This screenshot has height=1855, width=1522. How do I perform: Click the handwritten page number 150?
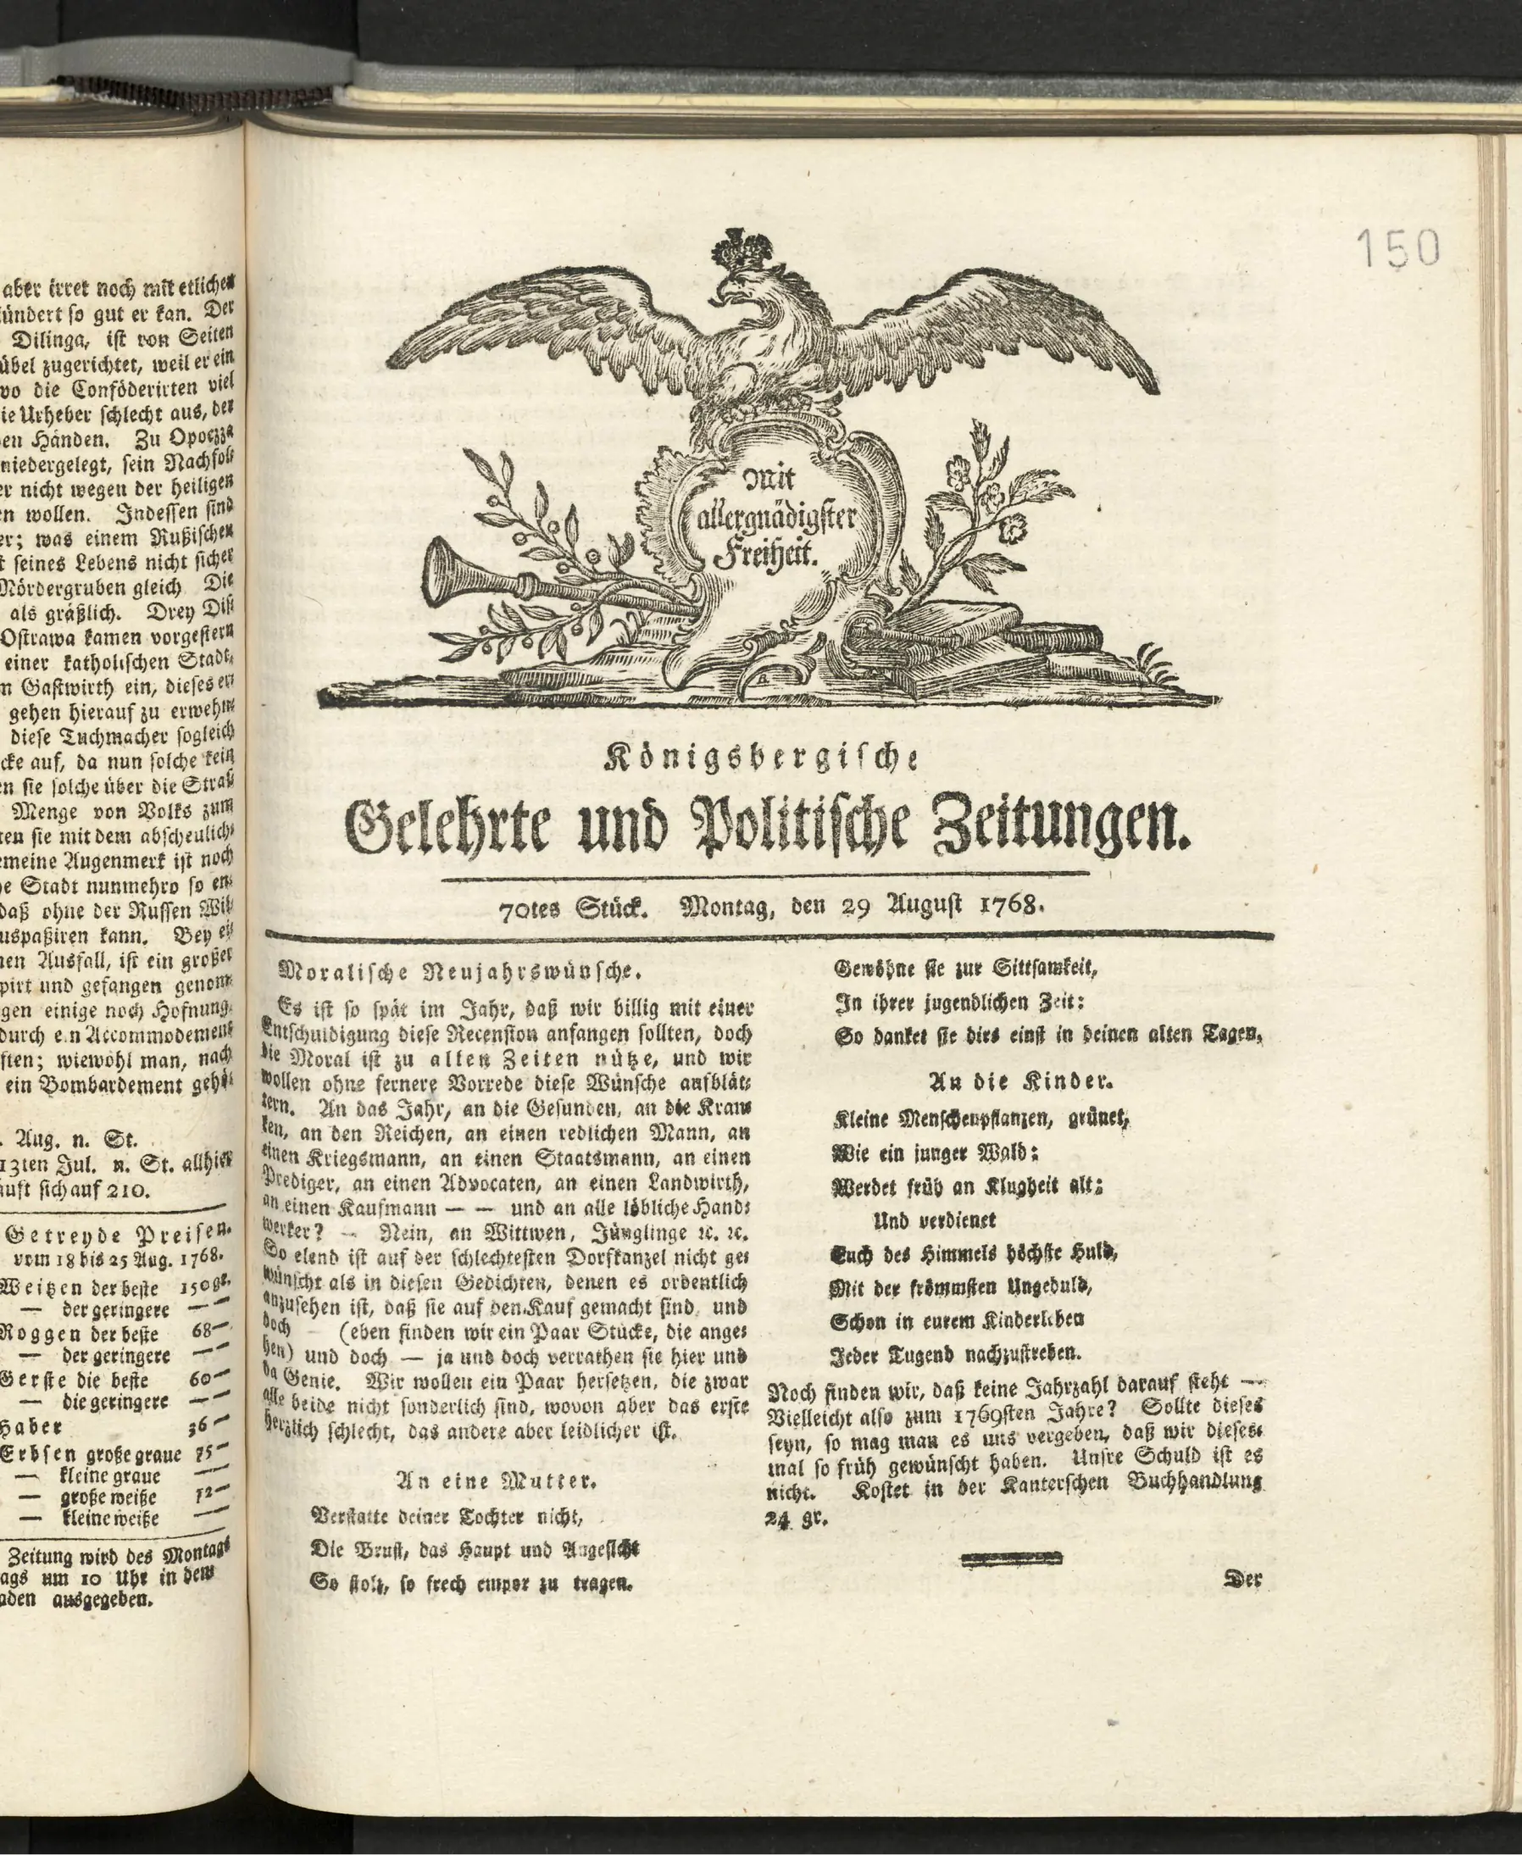(x=1397, y=248)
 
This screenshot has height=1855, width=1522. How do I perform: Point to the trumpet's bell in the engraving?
(x=440, y=574)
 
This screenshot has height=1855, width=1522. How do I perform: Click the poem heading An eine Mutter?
(x=497, y=1482)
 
